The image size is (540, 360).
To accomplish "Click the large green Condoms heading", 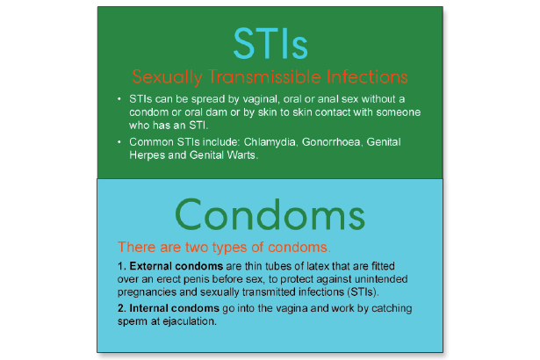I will tap(270, 212).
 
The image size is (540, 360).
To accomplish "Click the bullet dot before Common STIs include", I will tap(120, 140).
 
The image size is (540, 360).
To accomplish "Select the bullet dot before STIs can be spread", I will tap(120, 97).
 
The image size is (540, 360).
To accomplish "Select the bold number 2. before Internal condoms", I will tap(121, 308).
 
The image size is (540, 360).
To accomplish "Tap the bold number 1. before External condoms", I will tap(121, 264).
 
